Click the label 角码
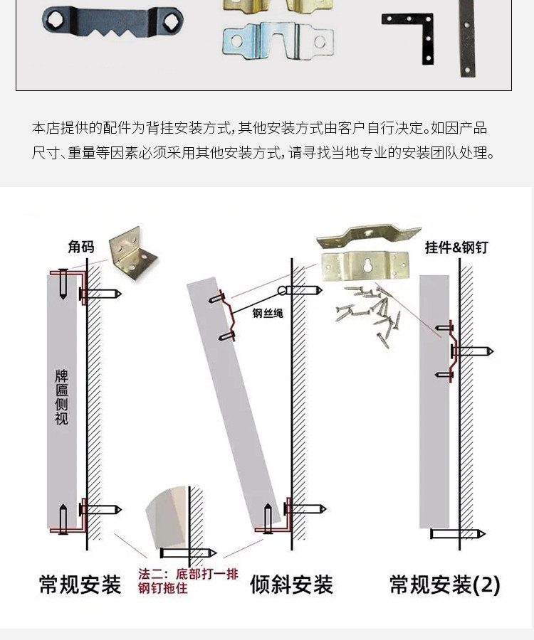tap(81, 247)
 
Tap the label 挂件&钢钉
tap(456, 247)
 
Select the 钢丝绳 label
tap(268, 313)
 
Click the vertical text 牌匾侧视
tap(61, 397)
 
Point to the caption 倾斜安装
tap(291, 585)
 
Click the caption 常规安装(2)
tap(445, 585)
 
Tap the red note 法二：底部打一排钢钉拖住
tap(188, 581)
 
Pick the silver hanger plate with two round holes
tap(278, 41)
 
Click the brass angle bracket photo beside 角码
tap(132, 253)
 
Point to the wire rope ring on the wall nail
tap(282, 291)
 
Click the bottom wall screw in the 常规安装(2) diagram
tap(458, 533)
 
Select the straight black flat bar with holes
tap(466, 38)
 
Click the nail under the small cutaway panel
tap(188, 553)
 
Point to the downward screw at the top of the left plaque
tap(63, 284)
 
